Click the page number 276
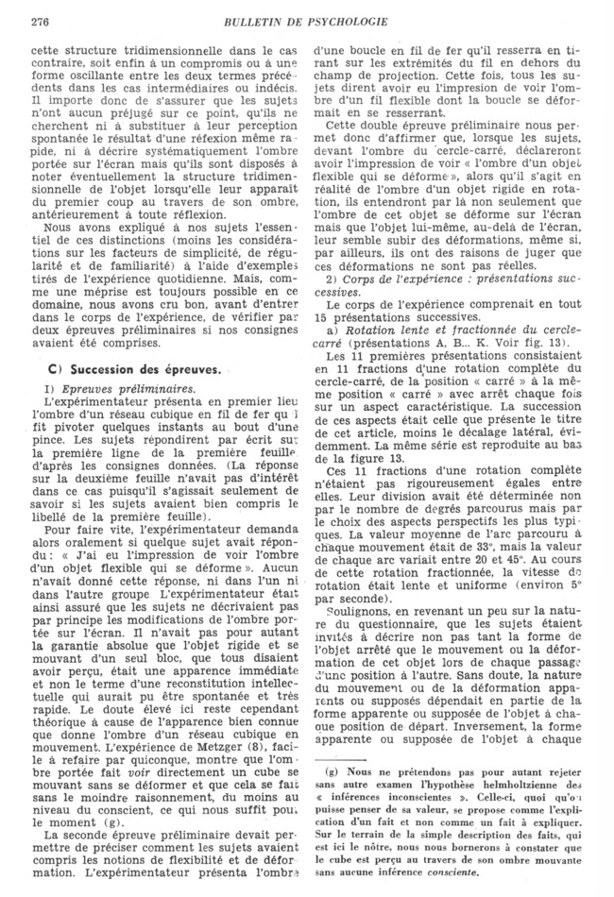point(40,20)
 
